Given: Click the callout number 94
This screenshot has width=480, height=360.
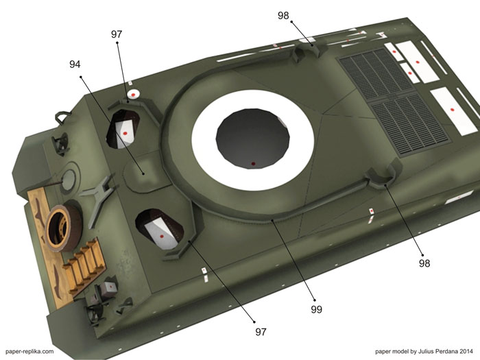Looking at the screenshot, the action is pos(75,64).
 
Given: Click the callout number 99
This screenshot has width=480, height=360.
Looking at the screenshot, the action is pos(317,309).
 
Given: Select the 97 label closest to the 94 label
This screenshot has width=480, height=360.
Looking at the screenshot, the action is pos(117,34).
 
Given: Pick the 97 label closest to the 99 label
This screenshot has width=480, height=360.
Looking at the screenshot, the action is pos(261,332).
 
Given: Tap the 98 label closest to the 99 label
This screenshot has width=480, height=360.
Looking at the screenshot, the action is pos(424,263).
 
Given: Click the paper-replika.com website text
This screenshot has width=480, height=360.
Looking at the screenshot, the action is pos(29,351).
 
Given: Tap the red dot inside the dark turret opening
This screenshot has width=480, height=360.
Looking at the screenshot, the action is pos(253,164).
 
